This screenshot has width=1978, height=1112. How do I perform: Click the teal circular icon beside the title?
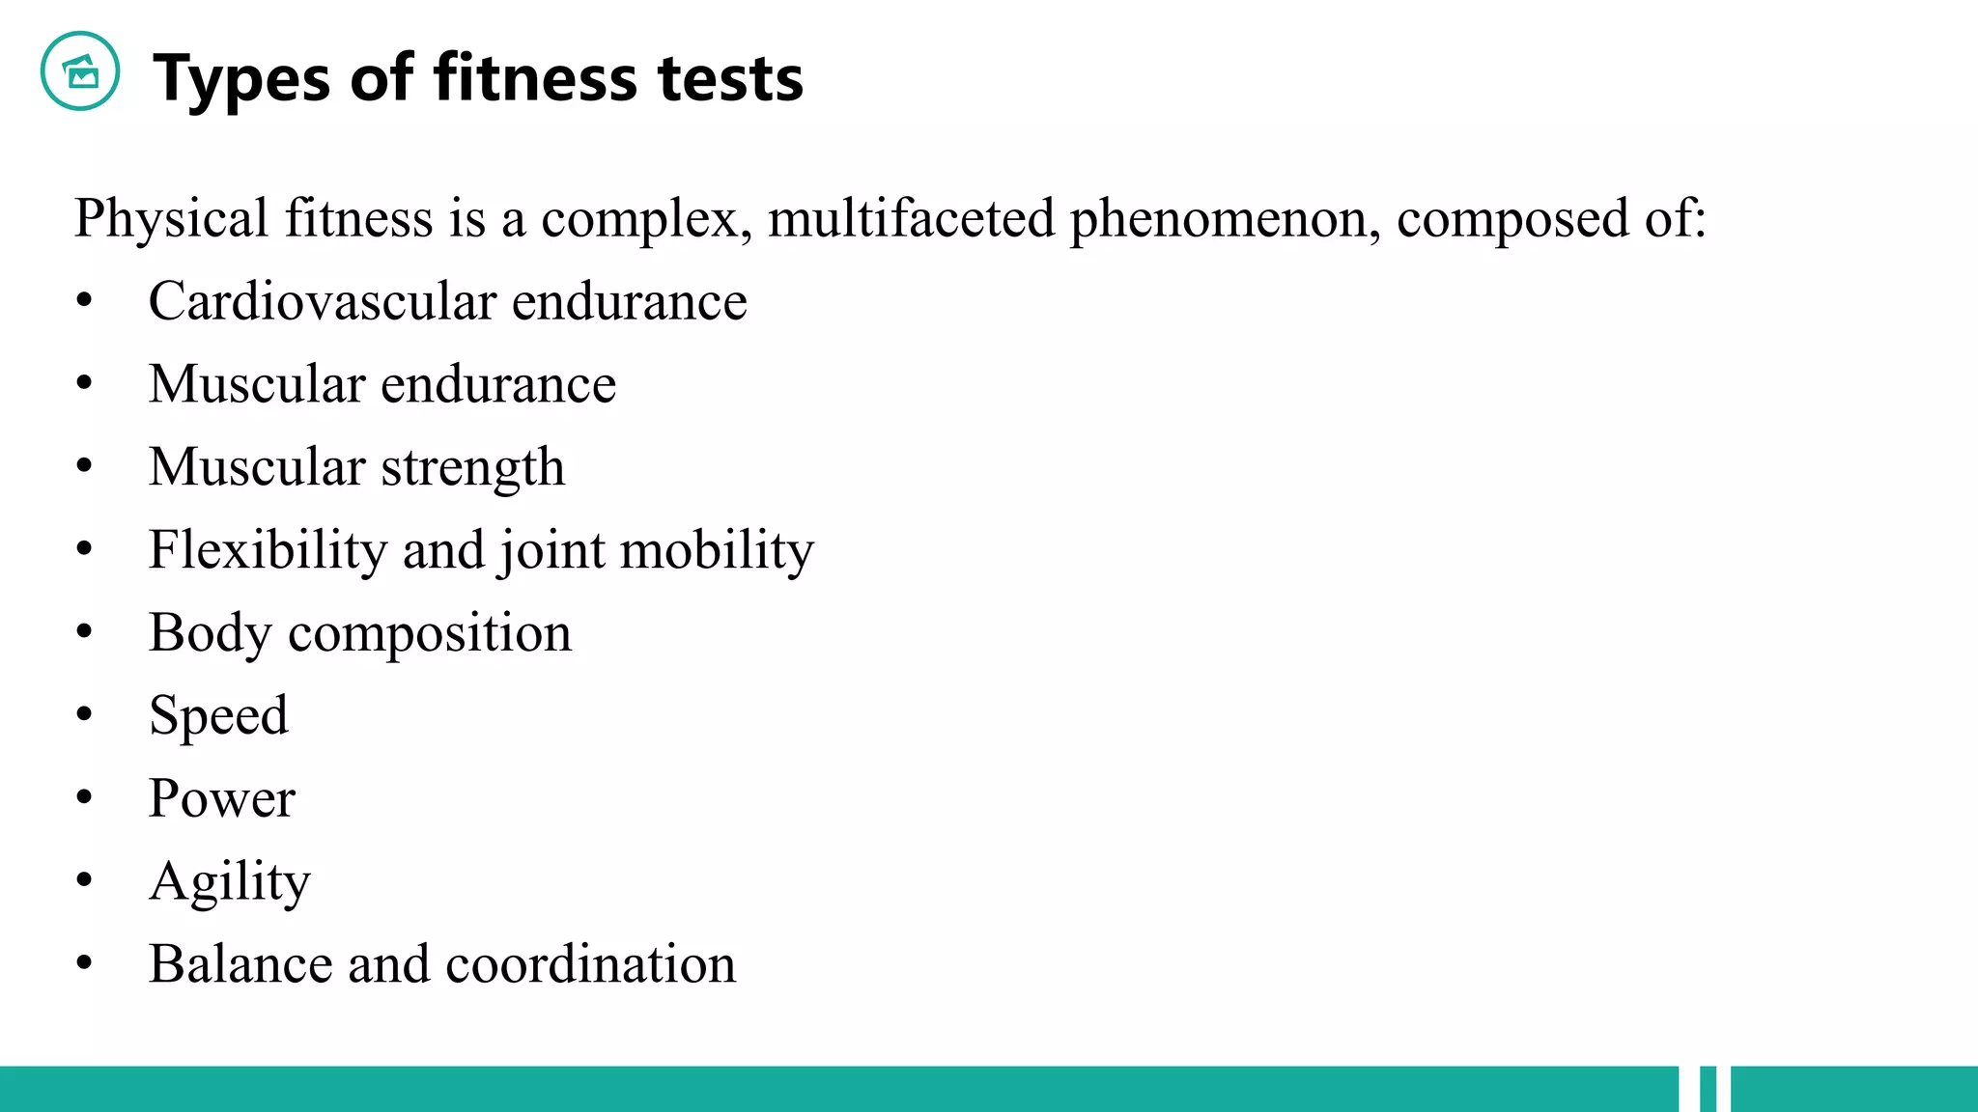pyautogui.click(x=80, y=71)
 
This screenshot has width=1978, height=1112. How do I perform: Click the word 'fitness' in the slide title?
pyautogui.click(x=535, y=77)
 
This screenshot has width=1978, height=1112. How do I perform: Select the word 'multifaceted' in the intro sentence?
pyautogui.click(x=911, y=218)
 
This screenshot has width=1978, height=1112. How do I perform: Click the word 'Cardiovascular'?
pyautogui.click(x=323, y=301)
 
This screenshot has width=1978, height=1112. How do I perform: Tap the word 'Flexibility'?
pyautogui.click(x=267, y=550)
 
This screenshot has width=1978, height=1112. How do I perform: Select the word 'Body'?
pyautogui.click(x=211, y=634)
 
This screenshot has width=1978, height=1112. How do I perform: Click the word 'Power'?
pyautogui.click(x=222, y=798)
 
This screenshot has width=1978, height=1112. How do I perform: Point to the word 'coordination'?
pyautogui.click(x=590, y=964)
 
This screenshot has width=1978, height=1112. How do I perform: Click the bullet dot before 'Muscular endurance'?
pyautogui.click(x=85, y=384)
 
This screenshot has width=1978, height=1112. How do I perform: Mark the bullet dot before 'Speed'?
pyautogui.click(x=85, y=715)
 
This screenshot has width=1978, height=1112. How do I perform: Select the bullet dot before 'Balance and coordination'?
pyautogui.click(x=85, y=963)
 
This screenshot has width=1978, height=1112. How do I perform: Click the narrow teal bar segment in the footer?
pyautogui.click(x=1708, y=1089)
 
